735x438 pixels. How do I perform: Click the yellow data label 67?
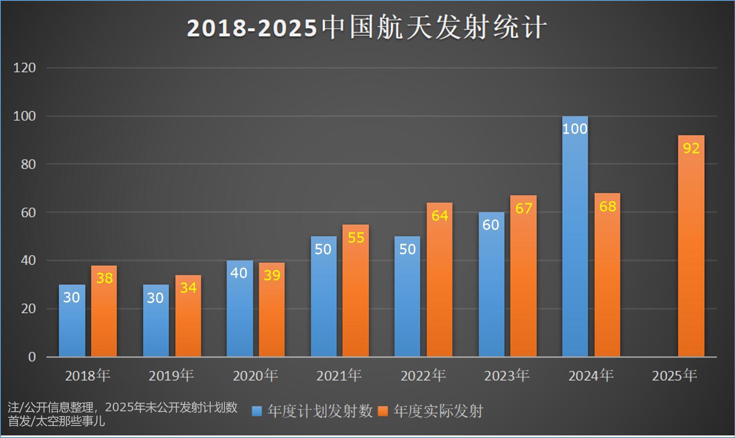pyautogui.click(x=524, y=208)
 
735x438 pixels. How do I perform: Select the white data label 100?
pyautogui.click(x=575, y=129)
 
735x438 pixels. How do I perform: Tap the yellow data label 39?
pyautogui.click(x=272, y=275)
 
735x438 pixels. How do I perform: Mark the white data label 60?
pyautogui.click(x=491, y=225)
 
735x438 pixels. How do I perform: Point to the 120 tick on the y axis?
pyautogui.click(x=25, y=67)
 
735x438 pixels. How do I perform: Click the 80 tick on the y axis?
pyautogui.click(x=28, y=164)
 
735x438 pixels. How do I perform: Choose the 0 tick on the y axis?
pyautogui.click(x=32, y=357)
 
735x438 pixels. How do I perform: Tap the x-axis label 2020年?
pyautogui.click(x=255, y=376)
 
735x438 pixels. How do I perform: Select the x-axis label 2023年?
pyautogui.click(x=507, y=376)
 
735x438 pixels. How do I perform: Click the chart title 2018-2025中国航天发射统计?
pyautogui.click(x=367, y=28)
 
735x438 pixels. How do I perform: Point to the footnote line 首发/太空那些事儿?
pyautogui.click(x=56, y=421)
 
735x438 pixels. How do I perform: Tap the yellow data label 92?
pyautogui.click(x=691, y=148)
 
